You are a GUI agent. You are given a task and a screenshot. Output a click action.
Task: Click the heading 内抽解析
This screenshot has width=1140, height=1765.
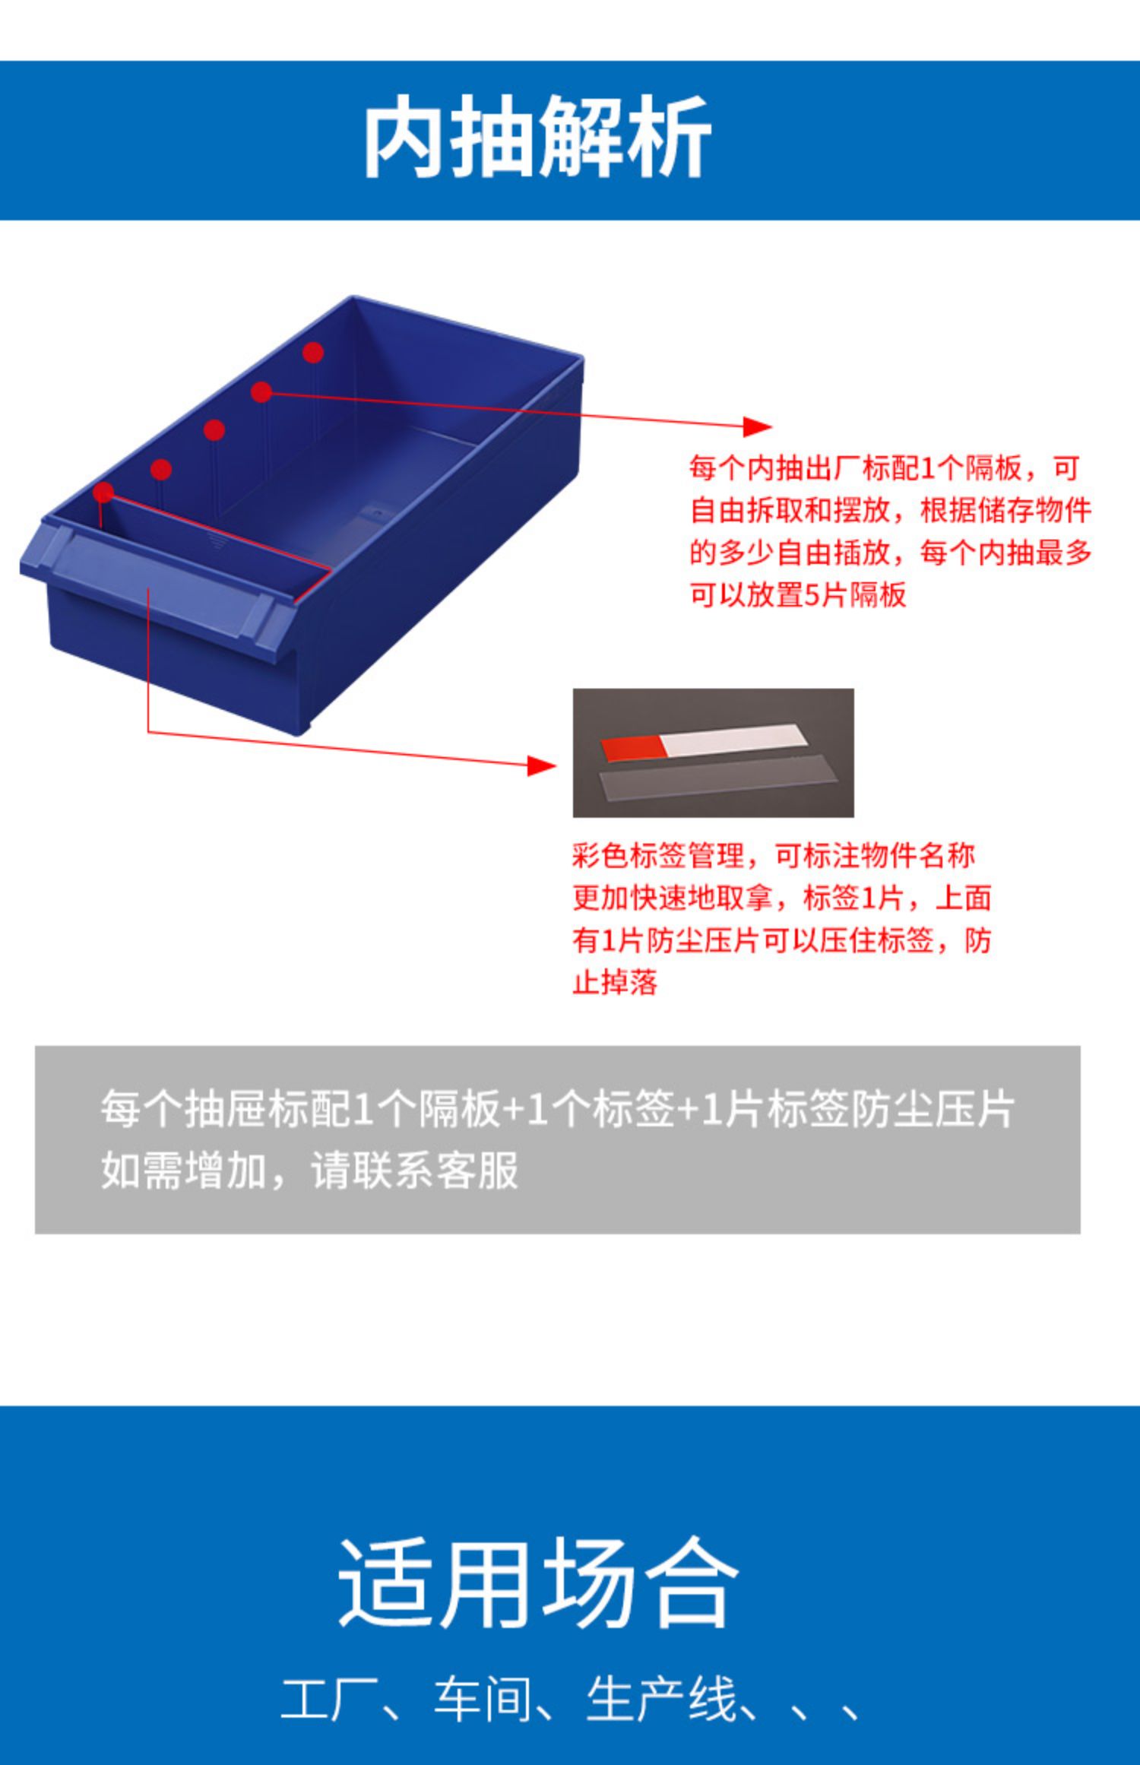pyautogui.click(x=537, y=138)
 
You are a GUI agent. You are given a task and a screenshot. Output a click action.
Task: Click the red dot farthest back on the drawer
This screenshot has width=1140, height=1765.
pyautogui.click(x=313, y=353)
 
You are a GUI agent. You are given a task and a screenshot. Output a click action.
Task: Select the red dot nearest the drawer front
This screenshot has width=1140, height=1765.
pyautogui.click(x=103, y=493)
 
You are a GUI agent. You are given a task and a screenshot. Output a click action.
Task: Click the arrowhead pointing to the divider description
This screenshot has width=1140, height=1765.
pyautogui.click(x=757, y=426)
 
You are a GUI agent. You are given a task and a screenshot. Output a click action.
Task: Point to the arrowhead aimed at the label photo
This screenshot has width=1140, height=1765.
pyautogui.click(x=542, y=765)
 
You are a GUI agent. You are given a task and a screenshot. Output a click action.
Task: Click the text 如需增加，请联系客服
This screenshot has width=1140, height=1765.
pyautogui.click(x=309, y=1171)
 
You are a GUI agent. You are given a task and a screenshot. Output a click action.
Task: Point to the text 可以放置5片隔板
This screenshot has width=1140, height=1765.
pyautogui.click(x=798, y=594)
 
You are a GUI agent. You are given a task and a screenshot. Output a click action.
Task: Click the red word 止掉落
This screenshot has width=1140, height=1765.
pyautogui.click(x=615, y=983)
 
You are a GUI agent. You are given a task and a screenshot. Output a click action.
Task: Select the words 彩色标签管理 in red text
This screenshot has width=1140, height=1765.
pyautogui.click(x=658, y=856)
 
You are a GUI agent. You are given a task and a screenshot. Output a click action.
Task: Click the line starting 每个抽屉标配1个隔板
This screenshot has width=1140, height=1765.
pyautogui.click(x=557, y=1110)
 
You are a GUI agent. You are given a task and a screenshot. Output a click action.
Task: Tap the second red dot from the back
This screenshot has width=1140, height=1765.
pyautogui.click(x=261, y=392)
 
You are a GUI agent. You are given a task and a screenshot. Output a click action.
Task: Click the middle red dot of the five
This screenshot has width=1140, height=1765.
pyautogui.click(x=214, y=430)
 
